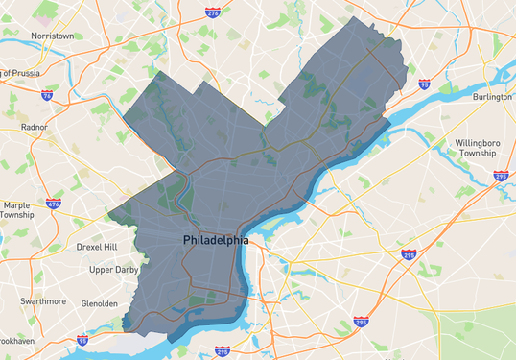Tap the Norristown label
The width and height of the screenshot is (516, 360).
click(x=53, y=36)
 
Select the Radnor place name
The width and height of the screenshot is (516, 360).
click(x=34, y=127)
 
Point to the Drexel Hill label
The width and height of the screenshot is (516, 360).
click(x=96, y=247)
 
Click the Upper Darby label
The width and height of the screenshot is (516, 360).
click(x=114, y=270)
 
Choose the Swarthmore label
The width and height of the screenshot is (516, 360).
click(x=44, y=300)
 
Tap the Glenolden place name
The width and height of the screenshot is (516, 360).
click(x=100, y=303)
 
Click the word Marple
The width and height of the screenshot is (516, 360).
click(x=18, y=204)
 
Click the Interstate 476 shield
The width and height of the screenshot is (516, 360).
click(x=53, y=204)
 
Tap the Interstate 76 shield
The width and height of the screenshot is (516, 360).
click(x=48, y=95)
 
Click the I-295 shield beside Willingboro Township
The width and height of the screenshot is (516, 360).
click(x=500, y=176)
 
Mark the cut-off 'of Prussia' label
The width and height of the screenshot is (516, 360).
click(x=19, y=73)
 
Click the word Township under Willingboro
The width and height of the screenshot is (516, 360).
click(x=478, y=154)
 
